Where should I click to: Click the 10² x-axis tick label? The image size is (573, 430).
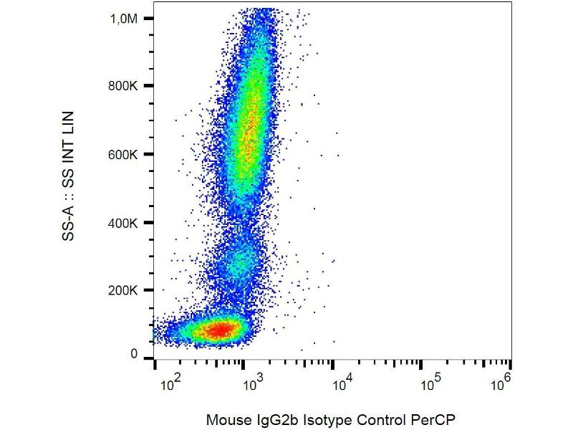coord(169,385)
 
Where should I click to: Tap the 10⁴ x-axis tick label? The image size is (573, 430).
coord(342,385)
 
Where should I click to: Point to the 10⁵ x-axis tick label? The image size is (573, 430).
coord(429,385)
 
